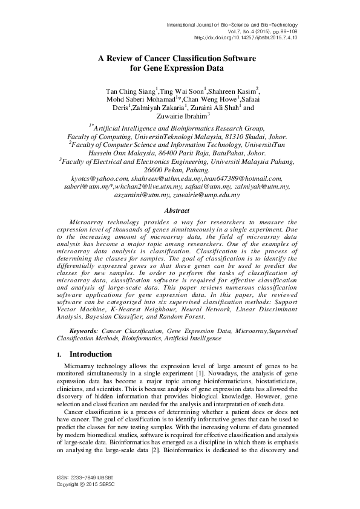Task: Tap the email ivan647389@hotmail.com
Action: pos(248,178)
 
